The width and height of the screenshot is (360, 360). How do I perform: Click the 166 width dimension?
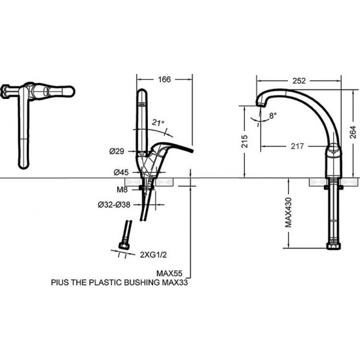point(164,79)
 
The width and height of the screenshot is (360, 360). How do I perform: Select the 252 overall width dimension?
point(299,81)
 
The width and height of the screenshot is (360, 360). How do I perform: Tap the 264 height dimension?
point(353,132)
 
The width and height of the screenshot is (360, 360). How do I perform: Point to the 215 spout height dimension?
point(245,141)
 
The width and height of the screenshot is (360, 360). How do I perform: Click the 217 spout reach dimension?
point(297,146)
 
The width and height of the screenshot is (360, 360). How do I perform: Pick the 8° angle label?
point(273,115)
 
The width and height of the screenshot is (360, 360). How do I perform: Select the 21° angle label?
point(158,123)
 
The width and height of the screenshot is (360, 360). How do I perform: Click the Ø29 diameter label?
point(117,151)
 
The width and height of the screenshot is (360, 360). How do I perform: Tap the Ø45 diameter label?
point(121,172)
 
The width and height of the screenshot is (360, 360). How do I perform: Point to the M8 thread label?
point(122,190)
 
